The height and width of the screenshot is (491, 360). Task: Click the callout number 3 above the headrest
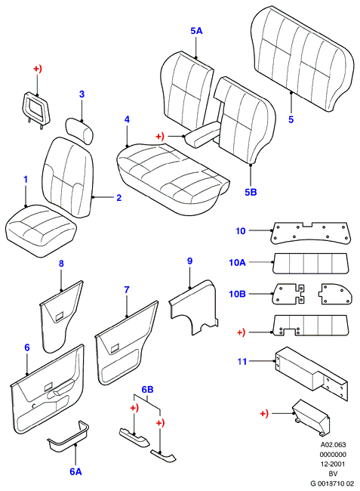click(x=82, y=94)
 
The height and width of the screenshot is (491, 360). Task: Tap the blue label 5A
click(x=196, y=31)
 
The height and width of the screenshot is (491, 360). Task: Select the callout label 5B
click(x=251, y=192)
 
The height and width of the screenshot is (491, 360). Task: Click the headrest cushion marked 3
click(x=79, y=131)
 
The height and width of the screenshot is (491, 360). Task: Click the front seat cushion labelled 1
click(x=41, y=230)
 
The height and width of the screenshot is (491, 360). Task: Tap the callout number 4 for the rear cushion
click(x=127, y=119)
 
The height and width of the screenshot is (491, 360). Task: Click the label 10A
click(x=238, y=262)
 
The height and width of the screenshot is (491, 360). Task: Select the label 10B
click(x=238, y=294)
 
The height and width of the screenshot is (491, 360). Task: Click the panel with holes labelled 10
click(x=310, y=233)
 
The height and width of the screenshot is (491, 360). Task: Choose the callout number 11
click(x=242, y=361)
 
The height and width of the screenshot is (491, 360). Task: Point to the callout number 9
click(x=189, y=261)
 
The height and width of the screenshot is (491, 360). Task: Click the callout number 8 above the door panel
click(x=61, y=264)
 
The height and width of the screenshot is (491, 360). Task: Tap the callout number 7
click(x=127, y=289)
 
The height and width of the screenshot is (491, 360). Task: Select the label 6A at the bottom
click(x=75, y=471)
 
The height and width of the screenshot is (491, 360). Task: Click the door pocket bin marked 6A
click(x=68, y=437)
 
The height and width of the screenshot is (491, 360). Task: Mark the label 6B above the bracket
click(x=148, y=390)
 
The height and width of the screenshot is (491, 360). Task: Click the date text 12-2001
click(x=333, y=464)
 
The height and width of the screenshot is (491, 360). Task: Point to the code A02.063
click(x=333, y=445)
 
